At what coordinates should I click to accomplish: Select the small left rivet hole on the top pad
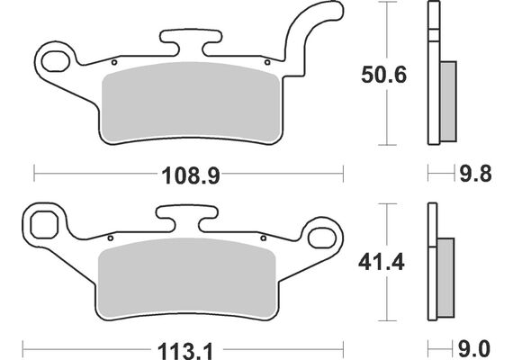[x=114, y=63]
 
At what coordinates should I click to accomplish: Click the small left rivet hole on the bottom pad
[x=110, y=238]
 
